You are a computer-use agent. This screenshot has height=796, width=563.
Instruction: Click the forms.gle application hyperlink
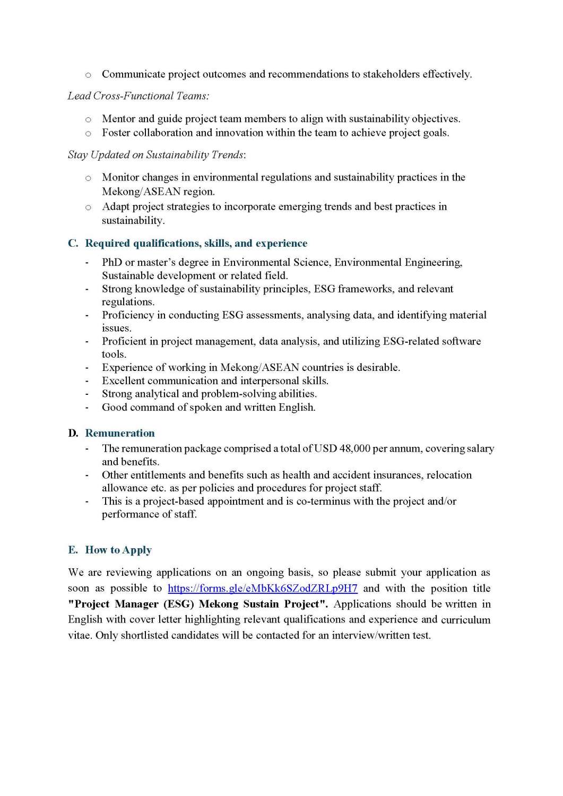coord(263,589)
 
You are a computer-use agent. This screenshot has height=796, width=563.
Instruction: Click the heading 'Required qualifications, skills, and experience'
coord(196,244)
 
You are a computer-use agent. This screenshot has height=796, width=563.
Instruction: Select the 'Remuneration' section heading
coord(120,434)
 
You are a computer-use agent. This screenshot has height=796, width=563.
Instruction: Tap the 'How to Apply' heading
coord(118,550)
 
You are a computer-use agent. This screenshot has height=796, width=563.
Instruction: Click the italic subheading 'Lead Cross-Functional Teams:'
coord(138,96)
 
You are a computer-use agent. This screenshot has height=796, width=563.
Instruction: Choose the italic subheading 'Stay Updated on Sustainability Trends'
coord(156,155)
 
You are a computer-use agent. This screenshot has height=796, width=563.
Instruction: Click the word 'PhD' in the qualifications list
coord(112,263)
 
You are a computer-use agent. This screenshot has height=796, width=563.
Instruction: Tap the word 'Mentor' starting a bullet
coord(118,119)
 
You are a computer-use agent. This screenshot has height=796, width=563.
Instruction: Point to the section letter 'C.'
coord(73,244)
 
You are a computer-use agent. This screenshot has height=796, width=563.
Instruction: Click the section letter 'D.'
coord(73,434)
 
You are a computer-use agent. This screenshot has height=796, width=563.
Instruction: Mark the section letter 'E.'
coord(73,550)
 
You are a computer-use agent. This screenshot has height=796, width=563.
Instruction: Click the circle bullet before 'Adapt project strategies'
coord(88,207)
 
